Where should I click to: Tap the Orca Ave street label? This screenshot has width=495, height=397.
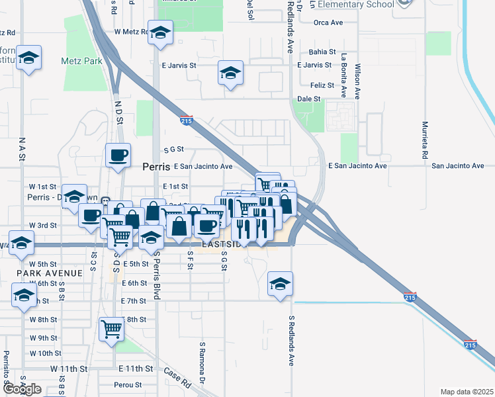(329, 22)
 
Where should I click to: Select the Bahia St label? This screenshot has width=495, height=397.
(323, 52)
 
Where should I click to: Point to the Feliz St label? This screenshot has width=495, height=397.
(323, 85)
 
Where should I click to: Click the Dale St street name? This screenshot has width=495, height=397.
(309, 99)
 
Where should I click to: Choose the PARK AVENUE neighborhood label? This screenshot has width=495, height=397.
(50, 273)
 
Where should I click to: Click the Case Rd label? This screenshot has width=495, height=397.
(177, 377)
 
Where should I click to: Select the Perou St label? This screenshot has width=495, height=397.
(128, 384)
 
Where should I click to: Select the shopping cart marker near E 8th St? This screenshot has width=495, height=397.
(111, 328)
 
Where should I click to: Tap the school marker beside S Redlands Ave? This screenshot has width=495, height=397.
(279, 284)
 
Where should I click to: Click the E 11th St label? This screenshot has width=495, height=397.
(136, 368)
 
